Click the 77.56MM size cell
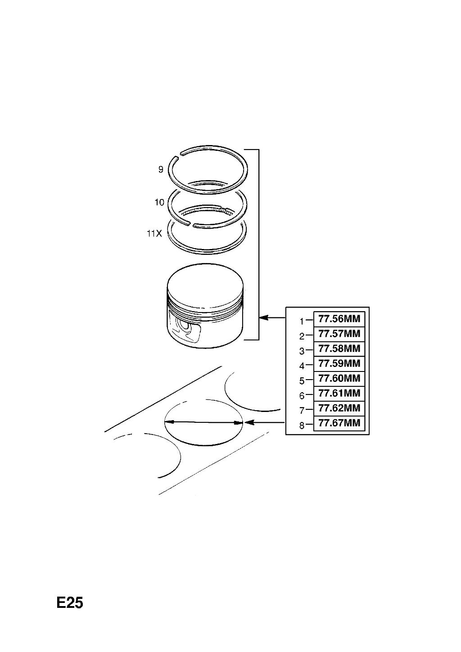point(339,319)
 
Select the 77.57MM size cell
point(339,334)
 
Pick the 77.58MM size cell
point(339,349)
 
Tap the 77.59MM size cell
point(339,363)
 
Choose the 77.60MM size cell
point(339,379)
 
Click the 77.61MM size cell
point(339,394)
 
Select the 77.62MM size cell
point(339,408)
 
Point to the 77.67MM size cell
point(339,423)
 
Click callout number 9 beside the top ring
point(161,169)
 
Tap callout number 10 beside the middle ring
point(159,202)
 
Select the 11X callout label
point(154,233)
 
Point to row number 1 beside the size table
point(302,321)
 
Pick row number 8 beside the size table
point(302,426)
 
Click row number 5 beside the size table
point(302,381)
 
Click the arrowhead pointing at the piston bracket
point(263,317)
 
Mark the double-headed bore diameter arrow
point(203,422)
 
